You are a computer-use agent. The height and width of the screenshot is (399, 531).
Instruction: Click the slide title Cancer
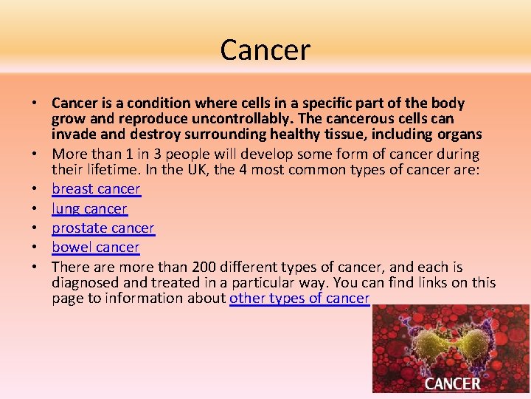pos(265,50)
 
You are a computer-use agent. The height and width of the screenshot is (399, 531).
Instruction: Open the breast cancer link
pos(96,189)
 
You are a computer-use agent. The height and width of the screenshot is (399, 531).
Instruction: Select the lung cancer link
pos(89,209)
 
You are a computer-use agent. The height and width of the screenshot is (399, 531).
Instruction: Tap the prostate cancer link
pos(103,228)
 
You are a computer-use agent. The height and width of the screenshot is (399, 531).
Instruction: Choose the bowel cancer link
pos(95,248)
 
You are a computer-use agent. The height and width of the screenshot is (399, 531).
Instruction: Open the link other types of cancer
pos(299,299)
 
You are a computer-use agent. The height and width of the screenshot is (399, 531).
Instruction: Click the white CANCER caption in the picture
pos(452,383)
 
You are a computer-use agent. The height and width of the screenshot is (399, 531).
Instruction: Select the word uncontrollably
pos(224,119)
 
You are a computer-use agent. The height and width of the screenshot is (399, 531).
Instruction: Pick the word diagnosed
pos(86,282)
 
